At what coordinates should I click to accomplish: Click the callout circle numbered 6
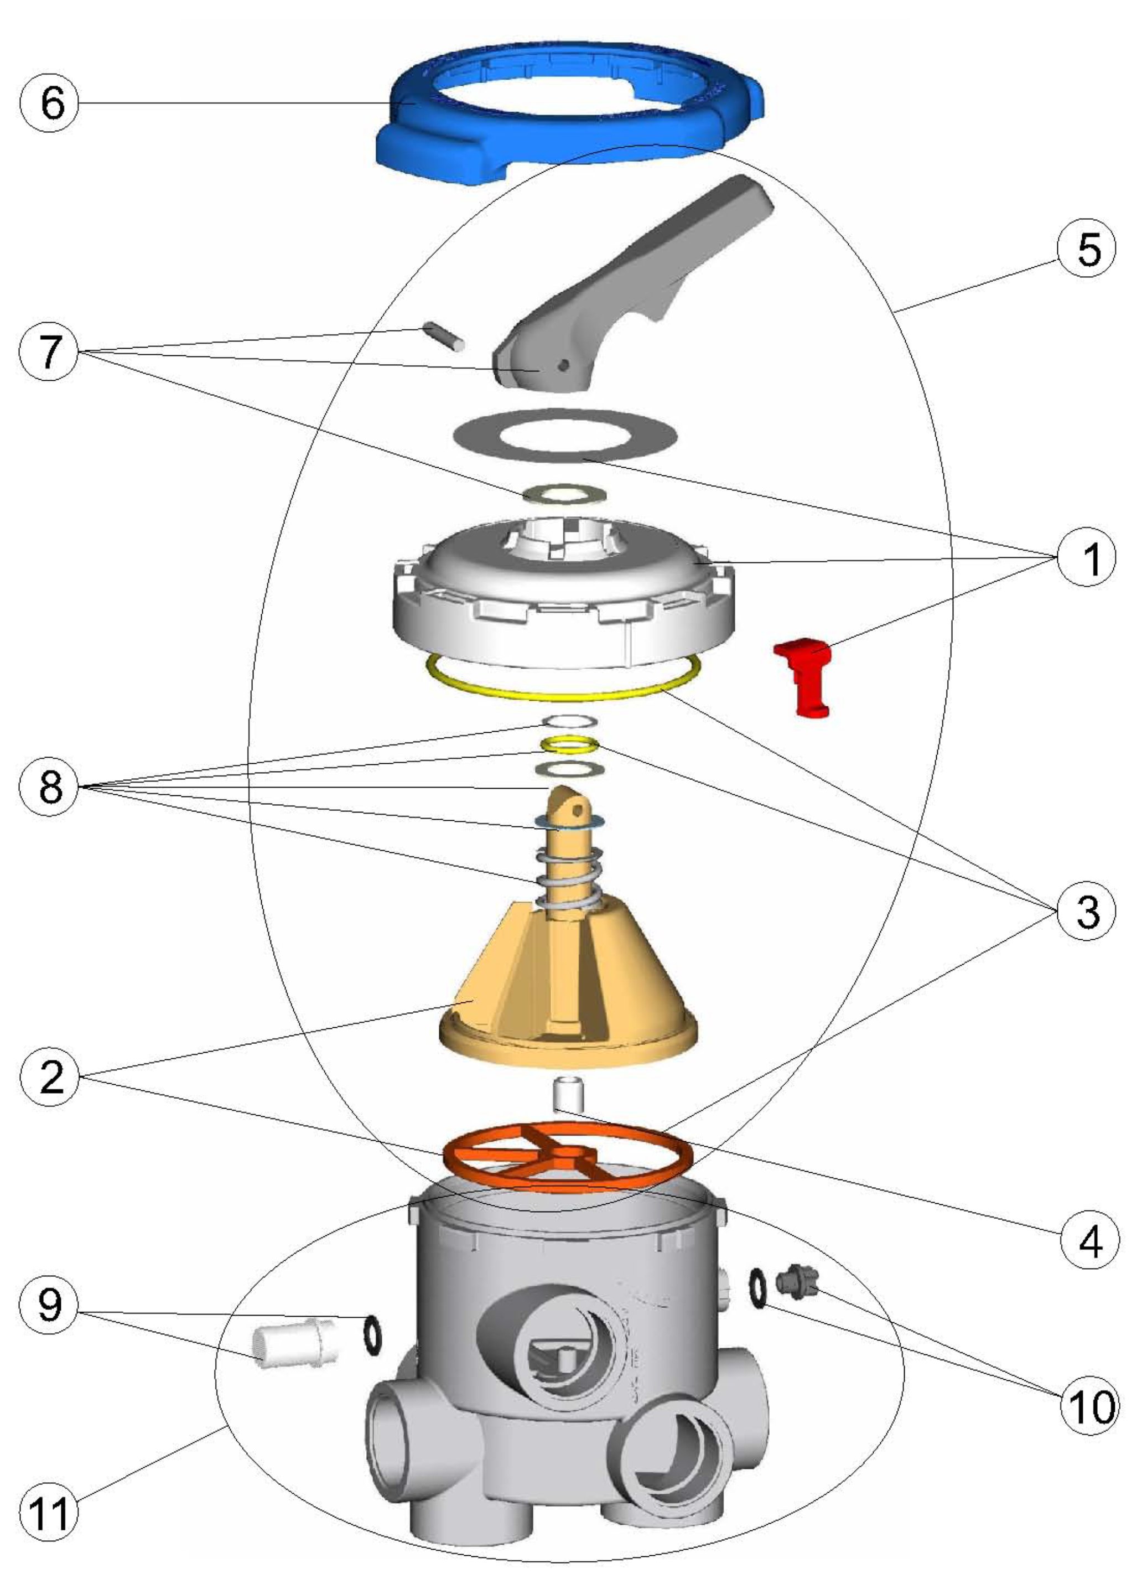point(51,103)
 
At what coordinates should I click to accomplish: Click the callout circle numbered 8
point(51,787)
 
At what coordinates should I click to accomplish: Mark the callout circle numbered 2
point(51,1076)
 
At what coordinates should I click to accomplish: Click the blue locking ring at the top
point(419,139)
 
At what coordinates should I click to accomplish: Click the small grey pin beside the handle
point(444,337)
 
